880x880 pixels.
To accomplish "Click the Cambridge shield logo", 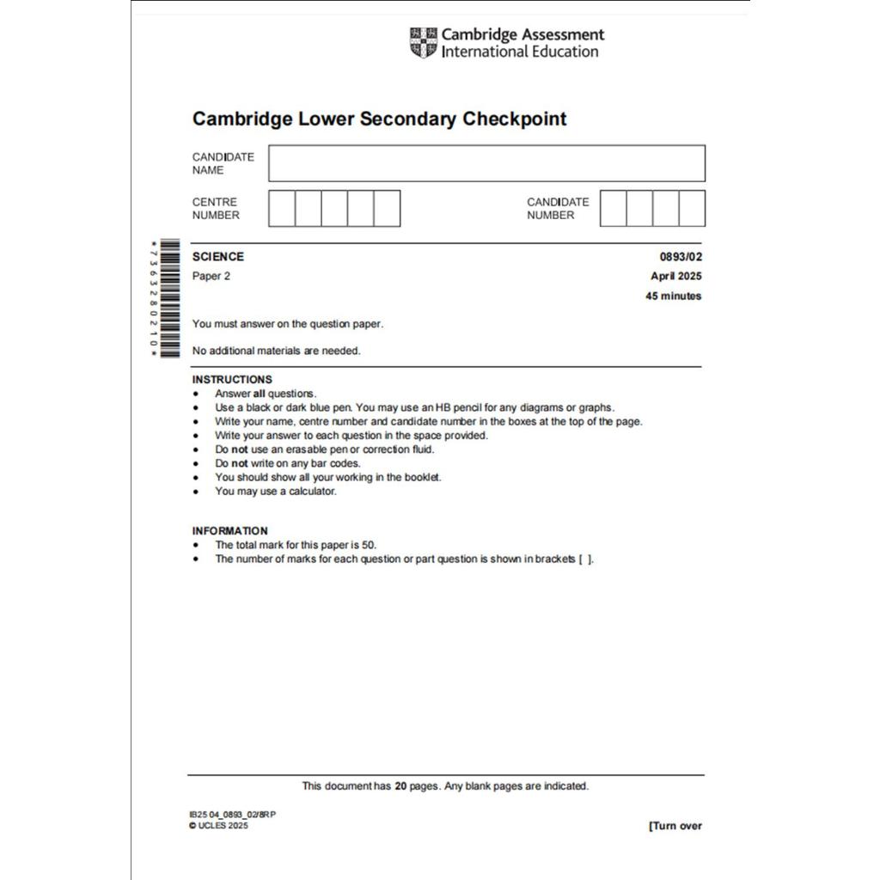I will tap(423, 43).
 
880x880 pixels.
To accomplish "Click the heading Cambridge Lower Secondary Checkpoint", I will tap(379, 119).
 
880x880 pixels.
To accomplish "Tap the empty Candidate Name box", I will tap(486, 163).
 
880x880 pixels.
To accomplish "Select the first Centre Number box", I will tap(282, 209).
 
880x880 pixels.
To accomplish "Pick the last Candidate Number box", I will tap(692, 209).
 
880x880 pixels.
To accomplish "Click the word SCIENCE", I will tap(217, 256).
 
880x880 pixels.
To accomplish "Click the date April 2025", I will tap(675, 276).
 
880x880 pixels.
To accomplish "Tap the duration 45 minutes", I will tap(673, 296).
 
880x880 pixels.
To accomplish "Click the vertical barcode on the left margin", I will tap(169, 298).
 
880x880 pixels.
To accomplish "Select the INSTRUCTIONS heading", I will tap(232, 379).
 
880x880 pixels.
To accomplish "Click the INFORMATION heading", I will tap(229, 530).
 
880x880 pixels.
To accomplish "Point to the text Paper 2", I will tap(211, 276).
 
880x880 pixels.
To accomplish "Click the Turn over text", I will tap(675, 826).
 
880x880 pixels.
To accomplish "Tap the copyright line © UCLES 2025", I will tap(218, 826).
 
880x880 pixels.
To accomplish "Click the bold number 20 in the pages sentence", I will tap(400, 785).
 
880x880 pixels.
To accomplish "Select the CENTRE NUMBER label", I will tap(216, 209).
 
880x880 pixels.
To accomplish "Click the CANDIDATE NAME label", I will tap(223, 163).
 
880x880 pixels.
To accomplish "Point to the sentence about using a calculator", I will tap(275, 492).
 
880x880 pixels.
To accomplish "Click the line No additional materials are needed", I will tap(276, 351).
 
